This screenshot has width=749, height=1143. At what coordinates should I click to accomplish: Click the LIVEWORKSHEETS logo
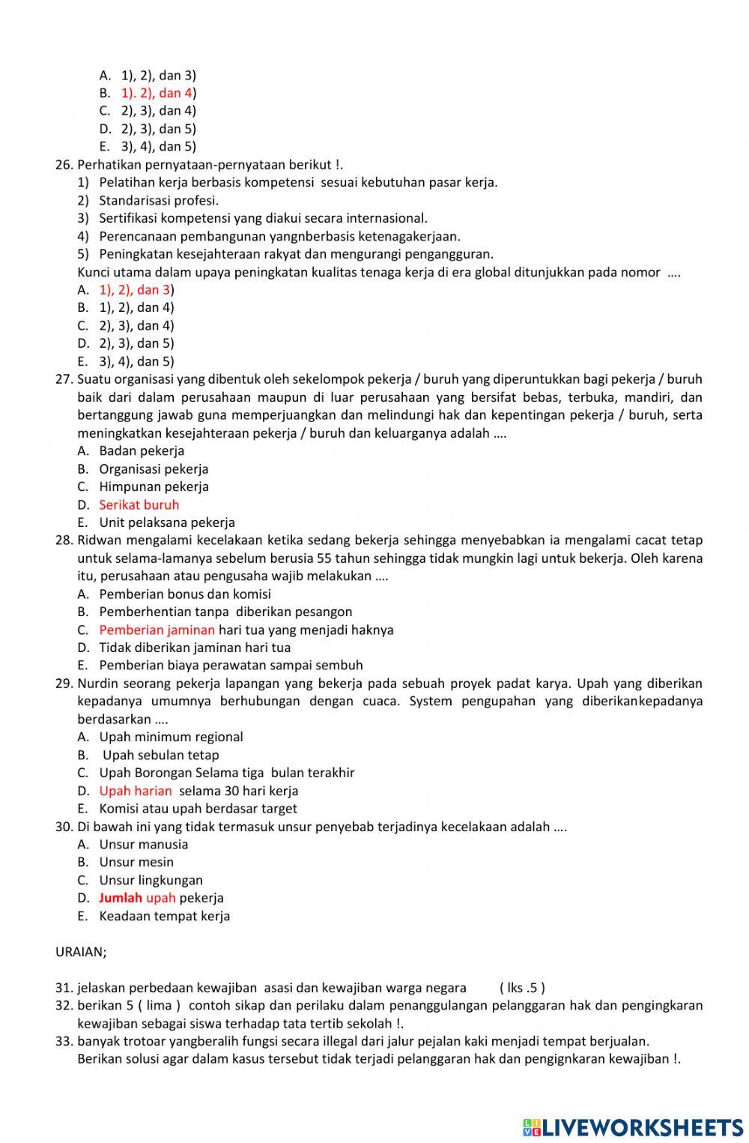point(633,1127)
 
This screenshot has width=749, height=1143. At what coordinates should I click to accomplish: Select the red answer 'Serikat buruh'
point(139,504)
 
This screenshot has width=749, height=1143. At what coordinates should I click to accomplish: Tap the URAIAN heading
point(81,952)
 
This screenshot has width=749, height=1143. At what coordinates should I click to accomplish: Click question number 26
point(64,164)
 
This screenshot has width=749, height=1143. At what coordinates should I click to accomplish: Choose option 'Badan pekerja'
point(142,450)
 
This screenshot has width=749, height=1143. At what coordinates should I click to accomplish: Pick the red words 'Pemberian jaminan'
point(157,630)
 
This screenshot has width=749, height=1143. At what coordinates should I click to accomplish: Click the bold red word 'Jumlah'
point(120,897)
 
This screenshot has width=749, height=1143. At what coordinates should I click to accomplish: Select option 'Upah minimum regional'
point(171,737)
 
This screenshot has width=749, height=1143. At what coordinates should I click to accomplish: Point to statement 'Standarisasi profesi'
point(159,200)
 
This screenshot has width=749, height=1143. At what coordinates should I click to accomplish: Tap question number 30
point(64,826)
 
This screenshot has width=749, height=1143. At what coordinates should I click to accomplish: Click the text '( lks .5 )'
point(522,987)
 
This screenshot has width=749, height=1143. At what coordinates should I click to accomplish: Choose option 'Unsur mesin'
point(136,862)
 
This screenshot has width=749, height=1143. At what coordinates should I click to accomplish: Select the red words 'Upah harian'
point(136,790)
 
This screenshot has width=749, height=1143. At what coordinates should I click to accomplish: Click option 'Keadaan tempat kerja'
point(165,915)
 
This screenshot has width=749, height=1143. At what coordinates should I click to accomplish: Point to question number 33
point(64,1040)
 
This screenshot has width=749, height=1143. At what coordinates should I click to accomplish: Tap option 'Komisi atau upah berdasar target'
point(198,808)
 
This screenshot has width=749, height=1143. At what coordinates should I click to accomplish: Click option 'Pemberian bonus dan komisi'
point(185,594)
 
